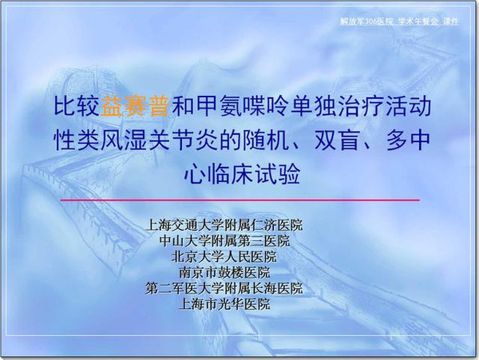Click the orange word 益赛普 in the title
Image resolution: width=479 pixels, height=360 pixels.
pos(135,105)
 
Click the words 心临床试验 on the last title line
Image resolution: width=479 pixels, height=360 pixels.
pos(241,174)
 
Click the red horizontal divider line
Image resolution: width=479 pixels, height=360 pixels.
pos(239,200)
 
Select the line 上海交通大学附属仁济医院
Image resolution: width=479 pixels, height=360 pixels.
pos(224,225)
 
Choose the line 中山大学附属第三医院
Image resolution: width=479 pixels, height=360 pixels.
pos(224,240)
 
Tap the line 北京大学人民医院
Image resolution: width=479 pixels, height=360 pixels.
pos(224,256)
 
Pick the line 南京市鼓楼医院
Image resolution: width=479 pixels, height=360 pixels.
pos(224,272)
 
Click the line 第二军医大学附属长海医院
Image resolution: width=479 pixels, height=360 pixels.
pos(224,288)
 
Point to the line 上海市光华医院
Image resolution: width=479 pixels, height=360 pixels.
pos(224,304)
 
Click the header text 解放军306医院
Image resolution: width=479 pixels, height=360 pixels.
pos(366,22)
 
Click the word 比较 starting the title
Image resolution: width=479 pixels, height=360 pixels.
pos(77,105)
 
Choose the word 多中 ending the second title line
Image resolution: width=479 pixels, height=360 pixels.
pos(409,140)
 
